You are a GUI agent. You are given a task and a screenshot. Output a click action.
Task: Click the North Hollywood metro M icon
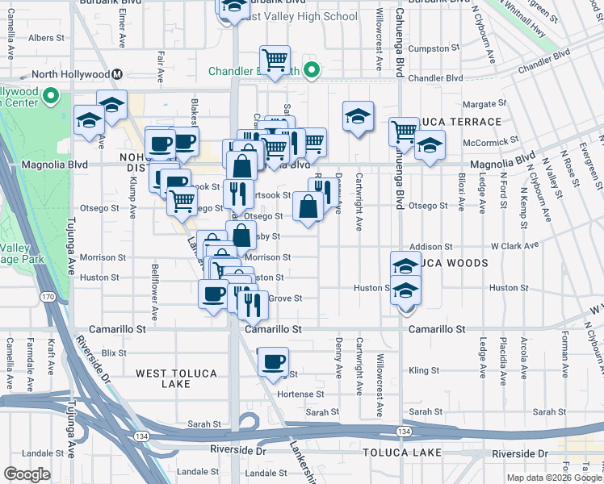118,74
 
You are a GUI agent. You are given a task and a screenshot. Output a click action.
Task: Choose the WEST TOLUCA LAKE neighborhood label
175,378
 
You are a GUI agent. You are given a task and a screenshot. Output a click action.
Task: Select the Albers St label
46,38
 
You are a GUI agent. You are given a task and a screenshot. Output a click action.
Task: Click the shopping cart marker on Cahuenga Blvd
403,131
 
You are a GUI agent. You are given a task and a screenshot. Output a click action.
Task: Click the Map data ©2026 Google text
553,478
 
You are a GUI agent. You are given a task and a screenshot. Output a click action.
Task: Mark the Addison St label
430,246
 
